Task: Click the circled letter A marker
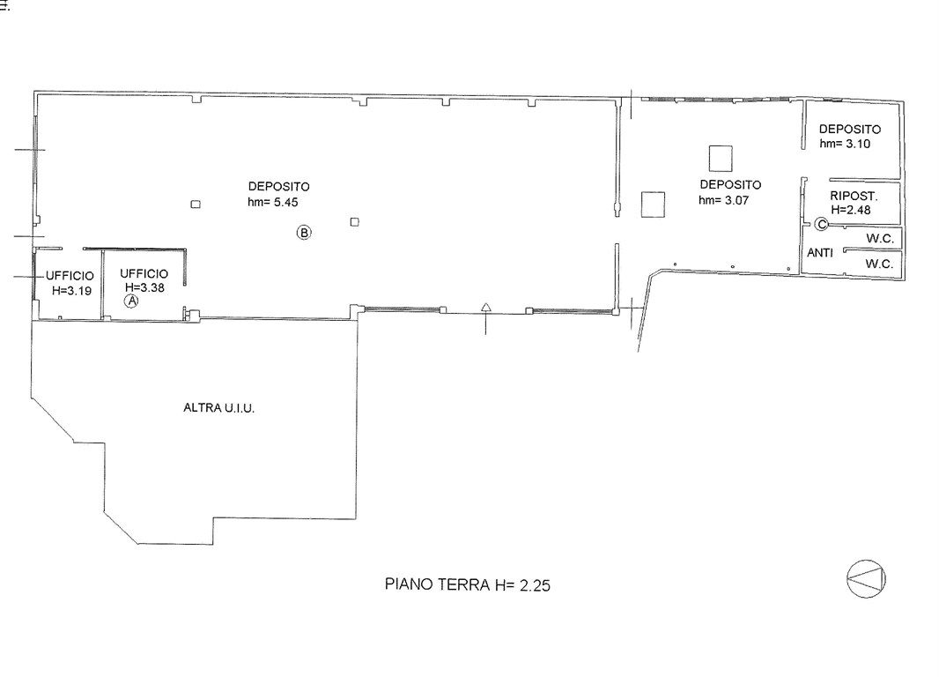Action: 131,301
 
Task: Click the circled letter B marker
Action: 304,232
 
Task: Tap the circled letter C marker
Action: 822,224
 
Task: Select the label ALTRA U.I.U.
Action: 218,408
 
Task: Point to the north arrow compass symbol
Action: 866,579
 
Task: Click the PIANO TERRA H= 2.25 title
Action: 467,584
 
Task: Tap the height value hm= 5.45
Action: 272,202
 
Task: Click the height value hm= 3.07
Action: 723,200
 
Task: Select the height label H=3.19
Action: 72,291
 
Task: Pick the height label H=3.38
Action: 144,287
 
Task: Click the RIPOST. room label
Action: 854,196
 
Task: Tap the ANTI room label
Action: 820,253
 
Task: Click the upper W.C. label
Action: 880,238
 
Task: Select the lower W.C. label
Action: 879,263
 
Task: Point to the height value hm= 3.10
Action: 845,143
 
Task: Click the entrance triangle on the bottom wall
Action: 486,308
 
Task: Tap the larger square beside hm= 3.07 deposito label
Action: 653,205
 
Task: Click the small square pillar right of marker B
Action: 354,221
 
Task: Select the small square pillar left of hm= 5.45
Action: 196,205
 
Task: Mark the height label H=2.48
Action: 850,210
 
